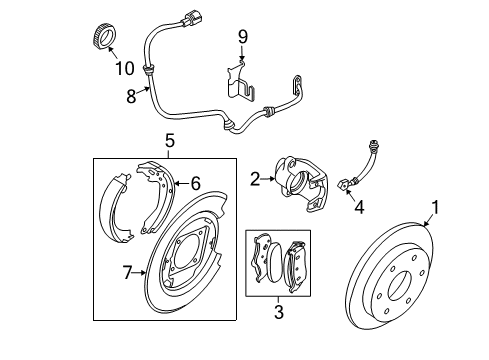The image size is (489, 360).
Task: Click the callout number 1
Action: pos(435,208)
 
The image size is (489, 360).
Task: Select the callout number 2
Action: pos(256,179)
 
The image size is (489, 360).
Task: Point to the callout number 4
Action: pos(358,208)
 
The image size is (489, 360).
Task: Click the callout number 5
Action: pos(169,141)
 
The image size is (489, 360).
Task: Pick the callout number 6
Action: pos(195,184)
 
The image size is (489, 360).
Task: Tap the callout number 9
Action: pos(241,37)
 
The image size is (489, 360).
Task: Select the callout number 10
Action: pos(124,68)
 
